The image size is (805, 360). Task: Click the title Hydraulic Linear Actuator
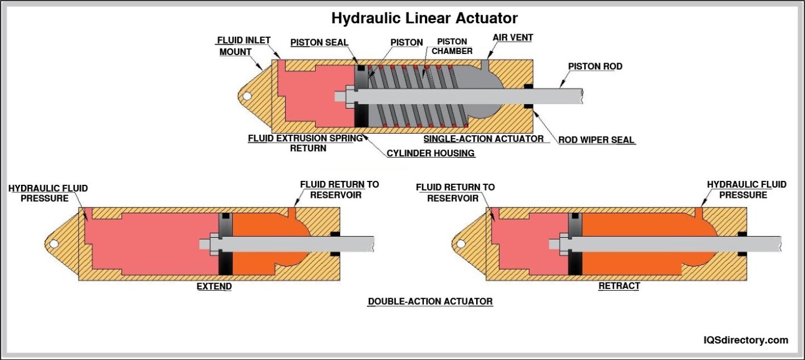(424, 18)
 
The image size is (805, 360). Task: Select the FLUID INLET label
(243, 41)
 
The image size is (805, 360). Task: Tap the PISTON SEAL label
(319, 43)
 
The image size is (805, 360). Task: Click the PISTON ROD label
(595, 67)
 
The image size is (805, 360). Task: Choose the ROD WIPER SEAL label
(597, 139)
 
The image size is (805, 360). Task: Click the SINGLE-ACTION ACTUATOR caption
(483, 139)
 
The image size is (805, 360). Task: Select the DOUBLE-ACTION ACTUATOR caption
(430, 301)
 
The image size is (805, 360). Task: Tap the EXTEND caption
(214, 287)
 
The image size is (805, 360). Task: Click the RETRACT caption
(619, 286)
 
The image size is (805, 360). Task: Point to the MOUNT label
(236, 52)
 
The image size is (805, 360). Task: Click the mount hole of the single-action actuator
(246, 96)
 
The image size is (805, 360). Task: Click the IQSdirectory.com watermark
(746, 340)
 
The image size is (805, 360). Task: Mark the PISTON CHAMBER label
(452, 46)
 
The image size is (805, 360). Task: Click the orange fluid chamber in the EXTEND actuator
(267, 227)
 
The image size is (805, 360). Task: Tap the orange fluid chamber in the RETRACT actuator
(643, 227)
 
